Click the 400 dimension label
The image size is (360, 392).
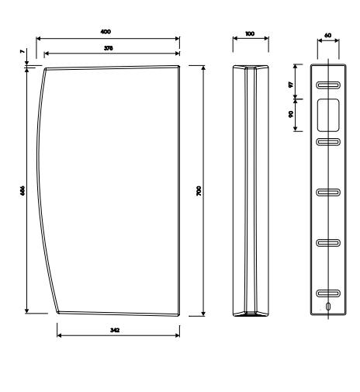[x=106, y=32]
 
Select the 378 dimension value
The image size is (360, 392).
[x=109, y=48]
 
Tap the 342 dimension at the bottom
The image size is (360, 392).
[x=115, y=330]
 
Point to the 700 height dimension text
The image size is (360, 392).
[x=199, y=191]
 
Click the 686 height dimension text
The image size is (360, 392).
[x=22, y=190]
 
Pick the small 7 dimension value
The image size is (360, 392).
[x=22, y=52]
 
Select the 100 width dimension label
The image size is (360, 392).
[x=250, y=33]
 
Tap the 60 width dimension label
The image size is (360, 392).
[x=327, y=35]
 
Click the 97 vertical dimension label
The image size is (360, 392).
[x=291, y=85]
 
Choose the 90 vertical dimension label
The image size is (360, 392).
[x=291, y=114]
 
